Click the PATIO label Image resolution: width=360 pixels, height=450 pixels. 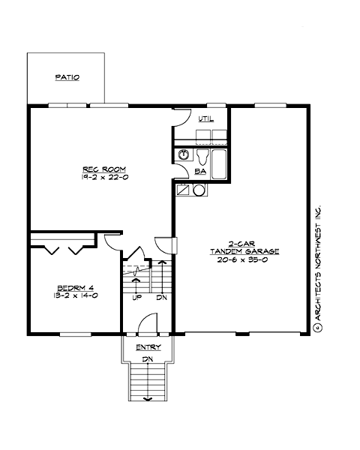click(67, 77)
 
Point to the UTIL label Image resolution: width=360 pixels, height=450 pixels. click(205, 119)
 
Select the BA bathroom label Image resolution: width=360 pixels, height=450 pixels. click(200, 172)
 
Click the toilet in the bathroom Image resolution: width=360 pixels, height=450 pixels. click(202, 156)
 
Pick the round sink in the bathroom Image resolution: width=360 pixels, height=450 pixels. click(184, 156)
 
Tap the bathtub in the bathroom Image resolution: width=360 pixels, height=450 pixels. click(218, 163)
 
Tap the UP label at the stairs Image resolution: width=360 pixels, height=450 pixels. click(137, 298)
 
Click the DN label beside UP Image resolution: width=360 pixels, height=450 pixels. click(160, 298)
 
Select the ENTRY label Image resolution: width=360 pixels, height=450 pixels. click(148, 347)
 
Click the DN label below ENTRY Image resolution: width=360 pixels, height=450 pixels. click(148, 359)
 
